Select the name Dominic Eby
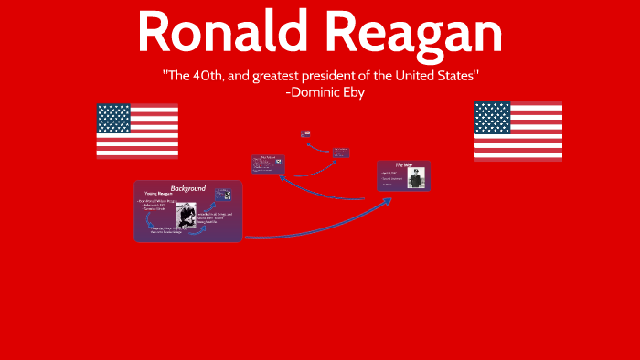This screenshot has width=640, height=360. point(325,92)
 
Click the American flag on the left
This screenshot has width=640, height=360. point(137,131)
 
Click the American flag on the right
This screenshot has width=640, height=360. point(517,130)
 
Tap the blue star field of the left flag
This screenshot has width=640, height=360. point(113,119)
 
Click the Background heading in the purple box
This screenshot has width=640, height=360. point(187,189)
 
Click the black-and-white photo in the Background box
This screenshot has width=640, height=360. point(187,217)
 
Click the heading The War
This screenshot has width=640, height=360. point(405,165)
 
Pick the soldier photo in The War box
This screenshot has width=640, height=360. point(416,180)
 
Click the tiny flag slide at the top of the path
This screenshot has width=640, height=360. point(305,134)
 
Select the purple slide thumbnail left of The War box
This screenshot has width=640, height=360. point(268,164)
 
